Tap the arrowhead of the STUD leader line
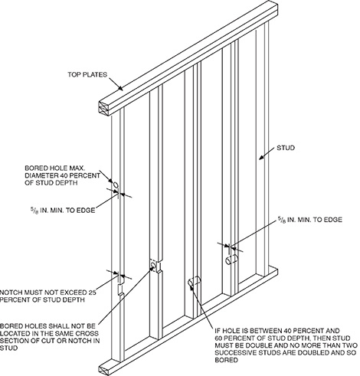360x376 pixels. [258, 157]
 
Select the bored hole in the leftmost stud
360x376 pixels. [116, 186]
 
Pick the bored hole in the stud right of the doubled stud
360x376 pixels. [229, 260]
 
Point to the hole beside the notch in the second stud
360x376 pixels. [154, 266]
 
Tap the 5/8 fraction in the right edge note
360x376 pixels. [283, 221]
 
